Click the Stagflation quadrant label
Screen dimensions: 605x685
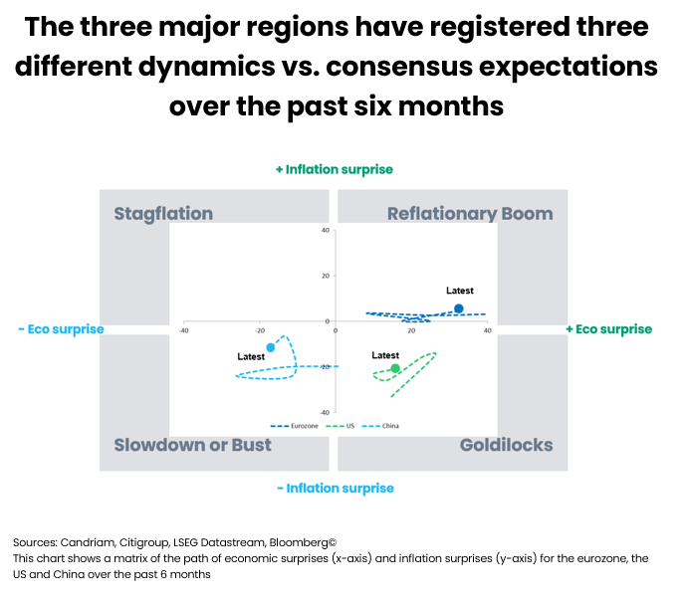tap(163, 214)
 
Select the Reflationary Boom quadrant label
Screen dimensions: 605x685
tap(470, 214)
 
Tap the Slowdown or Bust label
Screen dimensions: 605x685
tap(192, 445)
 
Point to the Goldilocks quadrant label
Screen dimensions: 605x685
tap(506, 445)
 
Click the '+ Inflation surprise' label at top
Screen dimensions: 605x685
tap(335, 169)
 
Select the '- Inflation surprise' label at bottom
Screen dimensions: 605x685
tap(335, 488)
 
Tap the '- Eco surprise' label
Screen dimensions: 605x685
tap(61, 329)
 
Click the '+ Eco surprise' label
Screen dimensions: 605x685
tap(608, 329)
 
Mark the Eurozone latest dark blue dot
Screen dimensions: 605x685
tap(458, 308)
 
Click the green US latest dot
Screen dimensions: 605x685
tap(395, 368)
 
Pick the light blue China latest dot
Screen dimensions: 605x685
tap(271, 347)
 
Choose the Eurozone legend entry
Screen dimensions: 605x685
tap(302, 425)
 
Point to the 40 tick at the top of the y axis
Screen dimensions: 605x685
tap(325, 231)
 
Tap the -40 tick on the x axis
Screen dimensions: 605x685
tap(184, 329)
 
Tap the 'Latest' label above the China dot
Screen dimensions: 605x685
tap(251, 356)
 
